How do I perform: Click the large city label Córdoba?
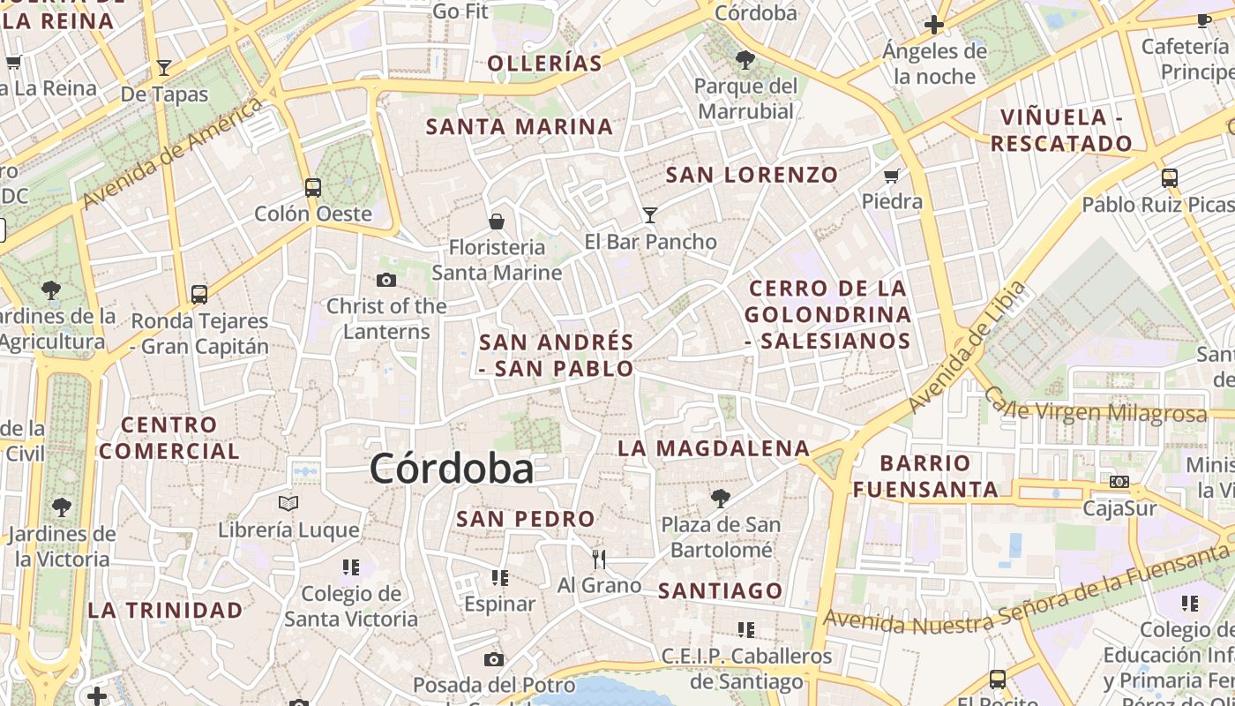click(452, 469)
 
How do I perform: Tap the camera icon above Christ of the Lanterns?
click(385, 281)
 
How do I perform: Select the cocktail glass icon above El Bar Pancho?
click(650, 214)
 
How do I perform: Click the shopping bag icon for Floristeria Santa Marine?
click(497, 221)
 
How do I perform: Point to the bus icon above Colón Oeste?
click(313, 187)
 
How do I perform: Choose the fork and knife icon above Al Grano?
click(599, 559)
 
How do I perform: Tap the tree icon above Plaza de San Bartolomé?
click(721, 499)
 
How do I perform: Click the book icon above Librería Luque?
click(288, 504)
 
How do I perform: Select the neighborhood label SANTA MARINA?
click(520, 127)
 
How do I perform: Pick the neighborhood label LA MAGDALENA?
click(714, 448)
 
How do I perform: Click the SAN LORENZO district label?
click(752, 175)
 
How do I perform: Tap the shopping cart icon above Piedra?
click(892, 176)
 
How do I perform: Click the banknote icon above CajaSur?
click(1119, 482)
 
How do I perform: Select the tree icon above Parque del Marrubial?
click(745, 60)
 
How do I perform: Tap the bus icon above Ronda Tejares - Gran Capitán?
click(199, 295)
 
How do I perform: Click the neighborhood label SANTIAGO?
click(721, 590)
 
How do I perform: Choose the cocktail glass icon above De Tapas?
click(164, 67)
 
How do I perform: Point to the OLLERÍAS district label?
click(544, 64)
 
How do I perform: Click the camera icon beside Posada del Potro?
click(494, 659)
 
